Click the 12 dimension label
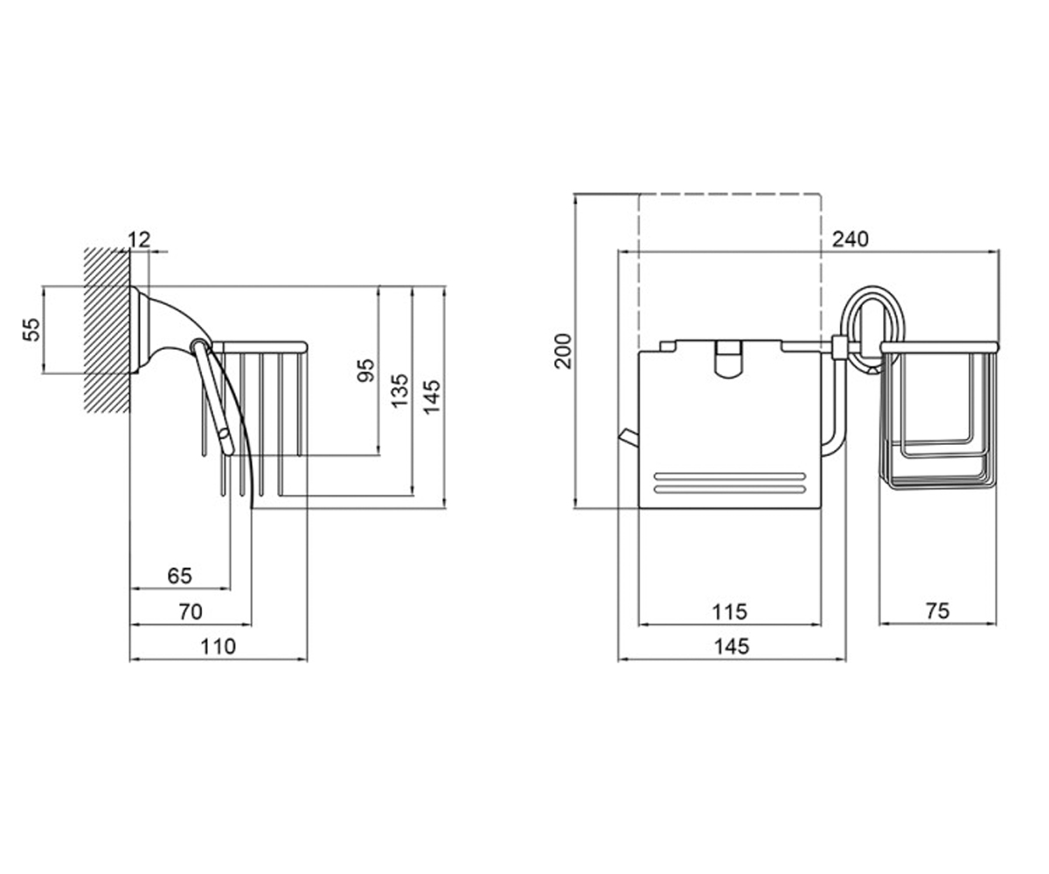139,239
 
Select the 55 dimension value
31,329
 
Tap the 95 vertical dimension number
366,371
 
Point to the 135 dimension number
399,392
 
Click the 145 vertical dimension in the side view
432,397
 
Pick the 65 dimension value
180,576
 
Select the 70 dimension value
191,612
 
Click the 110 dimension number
218,647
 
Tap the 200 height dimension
564,351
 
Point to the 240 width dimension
850,239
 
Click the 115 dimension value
729,612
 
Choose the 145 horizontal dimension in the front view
732,647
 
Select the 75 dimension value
937,611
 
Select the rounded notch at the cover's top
728,359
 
